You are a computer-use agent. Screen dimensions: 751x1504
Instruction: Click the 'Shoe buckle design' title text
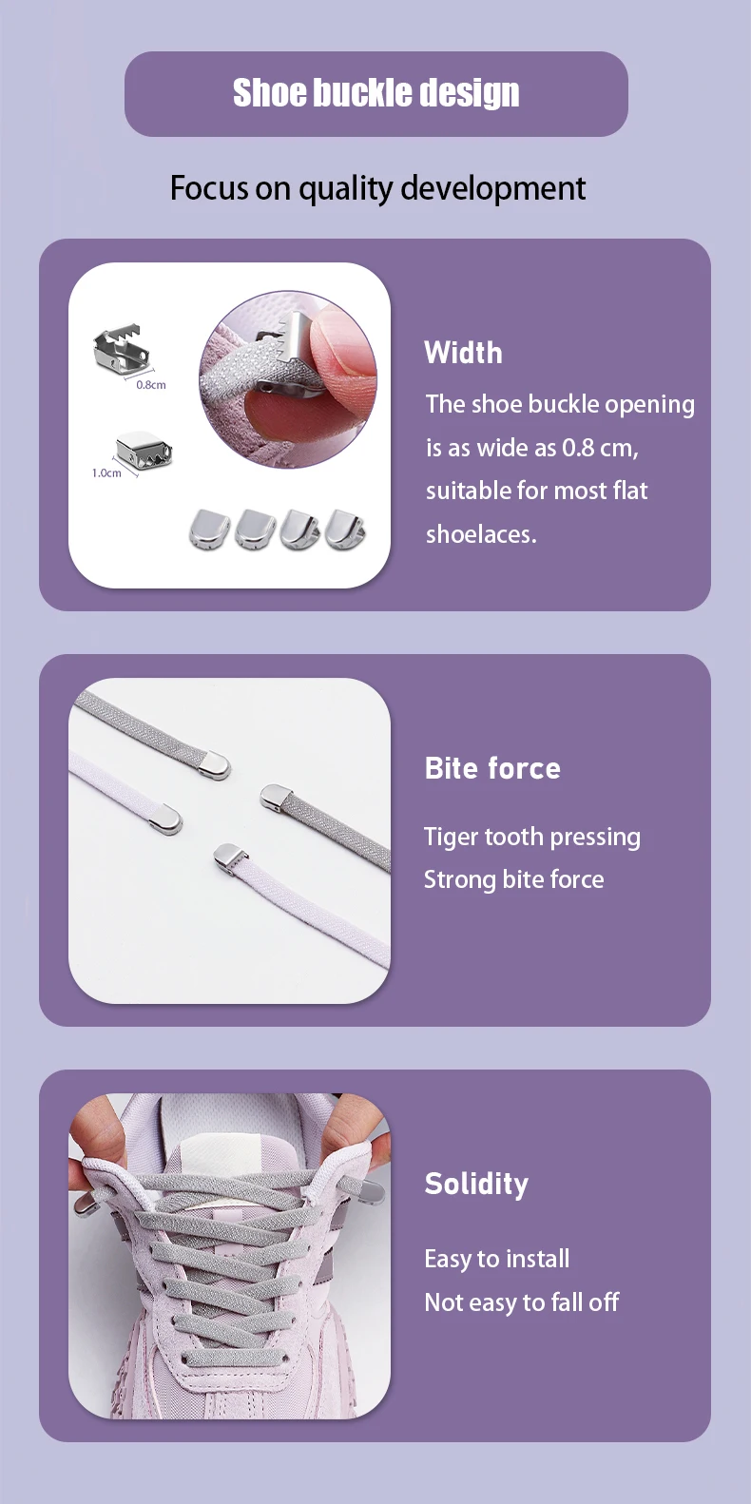coord(375,92)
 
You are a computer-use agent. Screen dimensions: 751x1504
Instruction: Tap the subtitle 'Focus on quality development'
coord(377,188)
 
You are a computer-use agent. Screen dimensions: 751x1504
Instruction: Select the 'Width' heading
coord(463,353)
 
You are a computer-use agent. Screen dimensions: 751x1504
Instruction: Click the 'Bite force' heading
coord(492,768)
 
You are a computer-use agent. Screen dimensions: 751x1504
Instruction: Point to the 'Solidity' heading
coord(476,1185)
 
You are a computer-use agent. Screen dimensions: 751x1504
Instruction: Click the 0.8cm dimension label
coord(151,385)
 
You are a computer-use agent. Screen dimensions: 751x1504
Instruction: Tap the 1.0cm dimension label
coord(106,472)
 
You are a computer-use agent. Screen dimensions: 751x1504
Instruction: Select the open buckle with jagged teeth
coord(121,348)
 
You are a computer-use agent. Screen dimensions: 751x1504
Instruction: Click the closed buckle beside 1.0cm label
coord(143,448)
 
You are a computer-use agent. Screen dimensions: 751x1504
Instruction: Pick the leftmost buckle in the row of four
coord(209,529)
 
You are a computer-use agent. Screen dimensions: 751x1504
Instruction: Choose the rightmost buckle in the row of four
coord(345,529)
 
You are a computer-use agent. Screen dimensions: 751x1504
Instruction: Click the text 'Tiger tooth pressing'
coord(532,838)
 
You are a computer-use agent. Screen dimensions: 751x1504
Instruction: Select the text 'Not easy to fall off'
coord(522,1302)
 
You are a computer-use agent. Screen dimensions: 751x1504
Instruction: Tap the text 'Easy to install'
coord(496,1259)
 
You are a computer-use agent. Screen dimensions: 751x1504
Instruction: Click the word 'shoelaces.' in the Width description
coord(481,534)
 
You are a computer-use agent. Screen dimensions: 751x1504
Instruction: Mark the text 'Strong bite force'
coord(514,879)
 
